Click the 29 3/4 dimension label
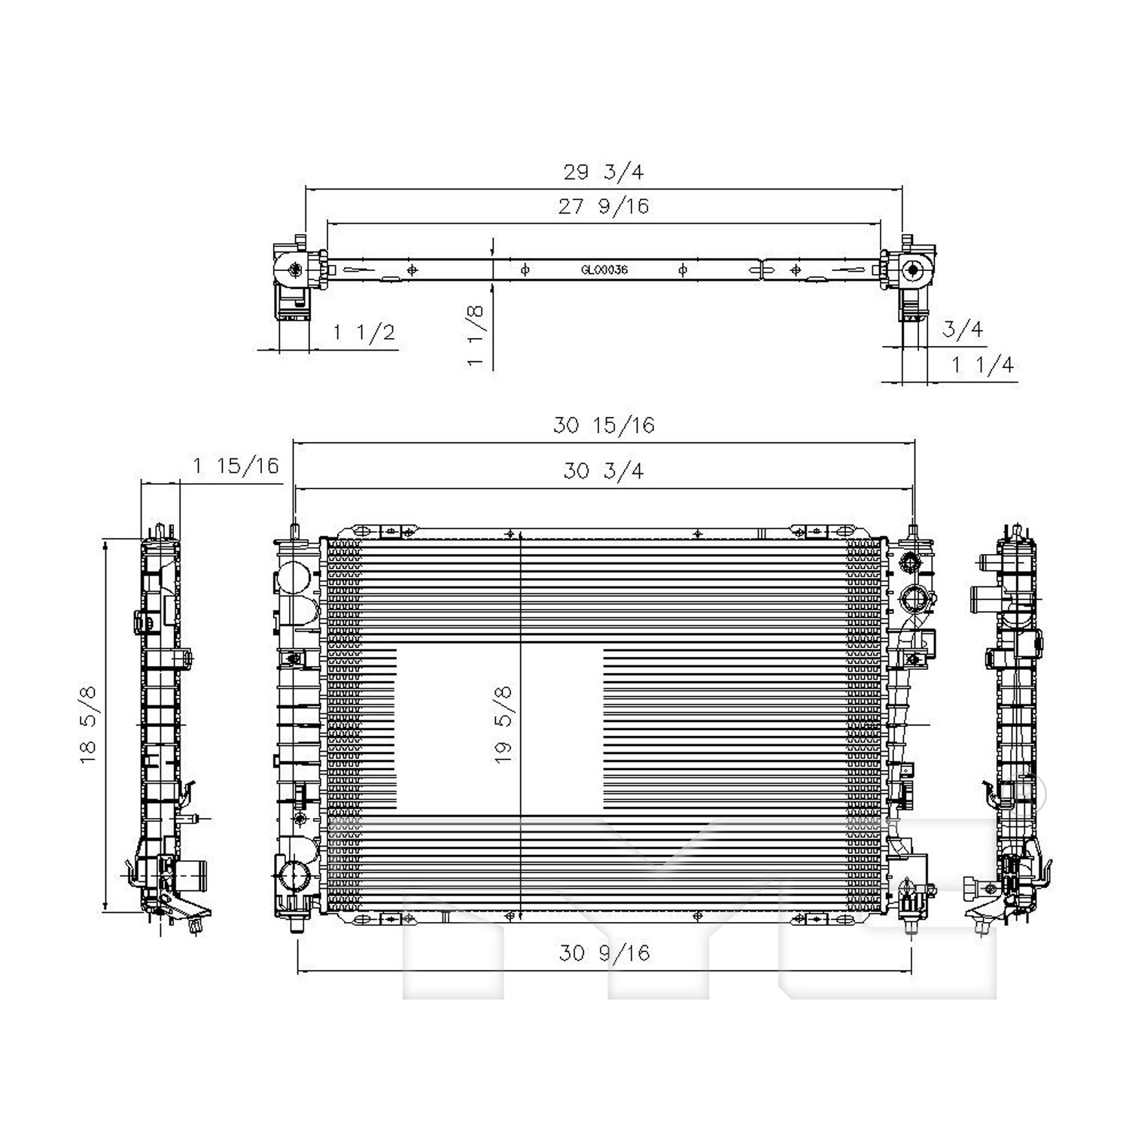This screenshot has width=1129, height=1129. coord(604,172)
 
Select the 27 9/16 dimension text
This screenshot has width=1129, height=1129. coord(603,206)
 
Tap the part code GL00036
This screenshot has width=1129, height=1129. coord(604,269)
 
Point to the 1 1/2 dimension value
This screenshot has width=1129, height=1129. coord(364,332)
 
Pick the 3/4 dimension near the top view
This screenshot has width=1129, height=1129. coord(963,329)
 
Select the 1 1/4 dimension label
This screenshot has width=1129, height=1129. coord(983,365)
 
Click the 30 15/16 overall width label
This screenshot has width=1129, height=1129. coord(604,425)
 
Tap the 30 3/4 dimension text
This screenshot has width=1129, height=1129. coord(604,471)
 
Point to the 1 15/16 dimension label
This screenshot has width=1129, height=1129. coord(236,466)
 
